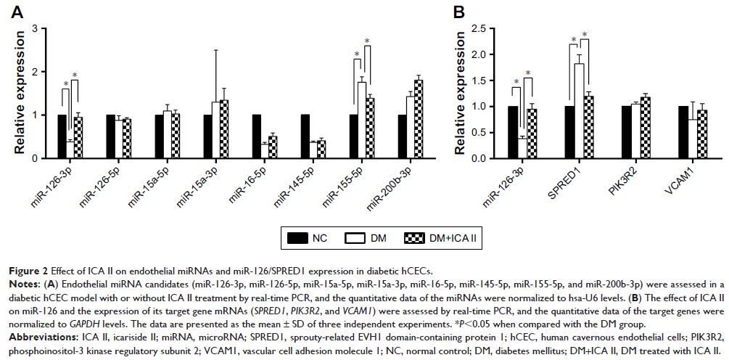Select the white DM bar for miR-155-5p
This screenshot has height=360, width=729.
(x=361, y=119)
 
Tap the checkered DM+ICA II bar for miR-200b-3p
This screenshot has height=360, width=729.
(x=418, y=118)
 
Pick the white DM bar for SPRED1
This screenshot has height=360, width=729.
(x=579, y=109)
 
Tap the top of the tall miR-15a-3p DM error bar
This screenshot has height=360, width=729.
(x=215, y=50)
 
